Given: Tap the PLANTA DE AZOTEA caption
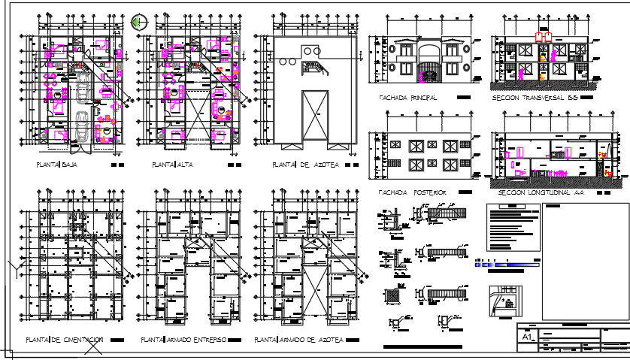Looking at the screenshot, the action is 296,164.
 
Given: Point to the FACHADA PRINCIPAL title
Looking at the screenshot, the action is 413,98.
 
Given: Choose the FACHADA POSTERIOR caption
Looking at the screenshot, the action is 413,192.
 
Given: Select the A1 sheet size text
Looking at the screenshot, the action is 528,338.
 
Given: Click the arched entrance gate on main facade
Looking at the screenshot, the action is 429,73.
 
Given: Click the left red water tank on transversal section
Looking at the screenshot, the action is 538,35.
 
